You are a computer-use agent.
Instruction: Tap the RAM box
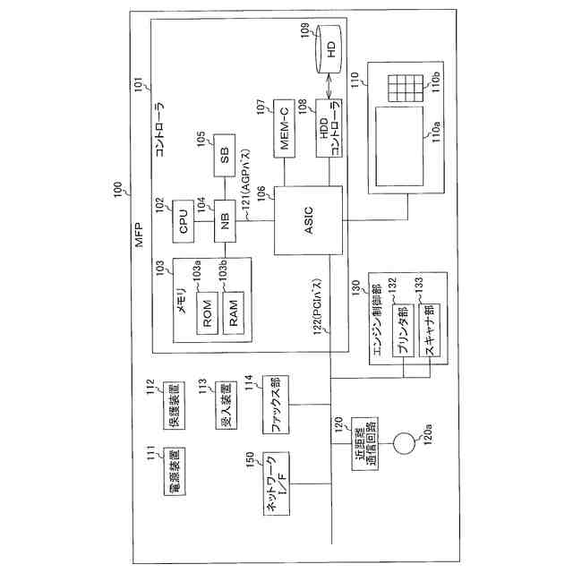click(234, 313)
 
